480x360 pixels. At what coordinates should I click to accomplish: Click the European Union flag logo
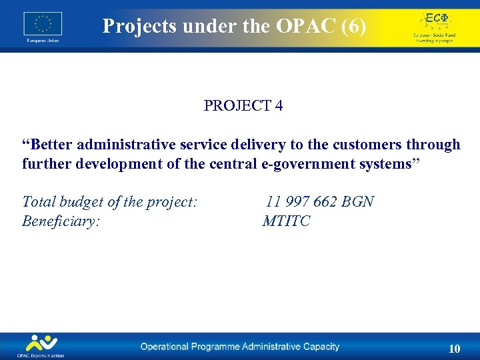tap(43, 24)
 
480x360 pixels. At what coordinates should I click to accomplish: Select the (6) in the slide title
tap(351, 26)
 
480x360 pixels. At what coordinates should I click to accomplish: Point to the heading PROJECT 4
tap(243, 106)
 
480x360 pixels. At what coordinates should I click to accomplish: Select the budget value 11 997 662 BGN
tap(319, 201)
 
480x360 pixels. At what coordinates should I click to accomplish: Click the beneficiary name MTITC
tap(287, 221)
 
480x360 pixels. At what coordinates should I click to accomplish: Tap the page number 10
tap(454, 349)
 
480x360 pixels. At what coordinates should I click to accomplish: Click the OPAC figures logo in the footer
tap(41, 344)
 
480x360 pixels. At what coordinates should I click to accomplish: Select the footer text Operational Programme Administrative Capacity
tap(239, 347)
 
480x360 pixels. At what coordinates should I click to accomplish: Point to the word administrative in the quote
tap(122, 145)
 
